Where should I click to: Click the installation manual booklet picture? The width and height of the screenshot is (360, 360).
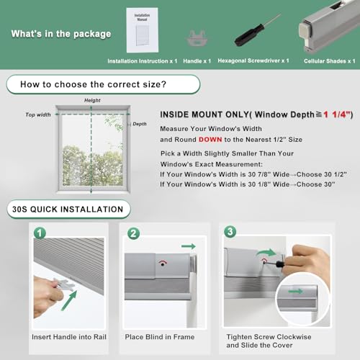click(x=143, y=30)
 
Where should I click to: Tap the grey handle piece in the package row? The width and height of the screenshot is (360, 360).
click(x=197, y=38)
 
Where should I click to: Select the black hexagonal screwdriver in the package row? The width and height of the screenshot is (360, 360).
click(x=257, y=30)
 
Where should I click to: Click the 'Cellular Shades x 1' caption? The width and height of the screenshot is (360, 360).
click(x=330, y=61)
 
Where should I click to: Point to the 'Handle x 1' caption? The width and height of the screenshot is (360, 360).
click(x=197, y=61)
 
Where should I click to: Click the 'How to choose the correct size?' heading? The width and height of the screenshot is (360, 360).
click(x=93, y=84)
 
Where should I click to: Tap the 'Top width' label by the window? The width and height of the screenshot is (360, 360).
click(x=38, y=114)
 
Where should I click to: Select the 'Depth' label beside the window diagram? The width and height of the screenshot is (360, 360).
click(x=140, y=124)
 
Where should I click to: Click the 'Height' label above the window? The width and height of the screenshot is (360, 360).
click(x=92, y=100)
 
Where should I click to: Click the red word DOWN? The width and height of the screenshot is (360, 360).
click(x=210, y=140)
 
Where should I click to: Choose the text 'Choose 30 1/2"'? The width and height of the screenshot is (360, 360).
click(x=322, y=174)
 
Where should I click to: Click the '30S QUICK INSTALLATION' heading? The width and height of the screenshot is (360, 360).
click(x=68, y=210)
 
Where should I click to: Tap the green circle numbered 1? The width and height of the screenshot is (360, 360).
click(x=40, y=233)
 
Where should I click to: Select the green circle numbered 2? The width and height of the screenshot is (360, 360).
click(x=133, y=233)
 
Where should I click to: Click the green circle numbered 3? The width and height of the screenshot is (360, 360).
click(x=230, y=232)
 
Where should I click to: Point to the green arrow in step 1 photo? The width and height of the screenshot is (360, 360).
click(x=69, y=300)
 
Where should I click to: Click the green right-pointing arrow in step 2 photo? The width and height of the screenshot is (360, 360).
click(x=189, y=246)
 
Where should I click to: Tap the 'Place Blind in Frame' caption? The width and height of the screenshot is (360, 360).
click(x=160, y=337)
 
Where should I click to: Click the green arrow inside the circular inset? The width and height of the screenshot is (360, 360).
click(x=295, y=292)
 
